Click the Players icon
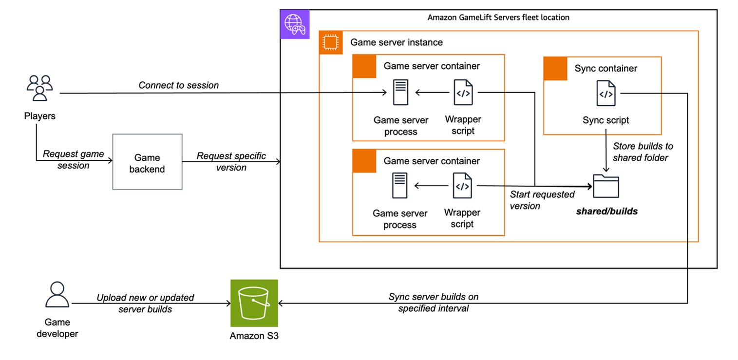(x=39, y=88)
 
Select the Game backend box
(x=147, y=162)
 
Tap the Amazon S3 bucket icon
(x=254, y=303)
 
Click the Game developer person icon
(x=57, y=295)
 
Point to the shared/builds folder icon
(x=606, y=187)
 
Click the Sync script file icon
(x=606, y=94)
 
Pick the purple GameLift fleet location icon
(x=295, y=24)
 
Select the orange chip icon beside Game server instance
(x=331, y=42)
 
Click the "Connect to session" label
(x=178, y=85)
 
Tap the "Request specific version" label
(x=231, y=162)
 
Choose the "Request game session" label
(x=74, y=160)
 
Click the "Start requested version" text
(x=542, y=200)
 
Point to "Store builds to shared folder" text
(x=643, y=152)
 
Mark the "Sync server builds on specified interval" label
(x=433, y=303)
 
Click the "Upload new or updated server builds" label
(x=145, y=303)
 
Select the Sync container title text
(x=606, y=68)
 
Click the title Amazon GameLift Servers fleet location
(x=498, y=18)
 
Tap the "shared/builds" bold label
(x=606, y=211)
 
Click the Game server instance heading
(x=397, y=42)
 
